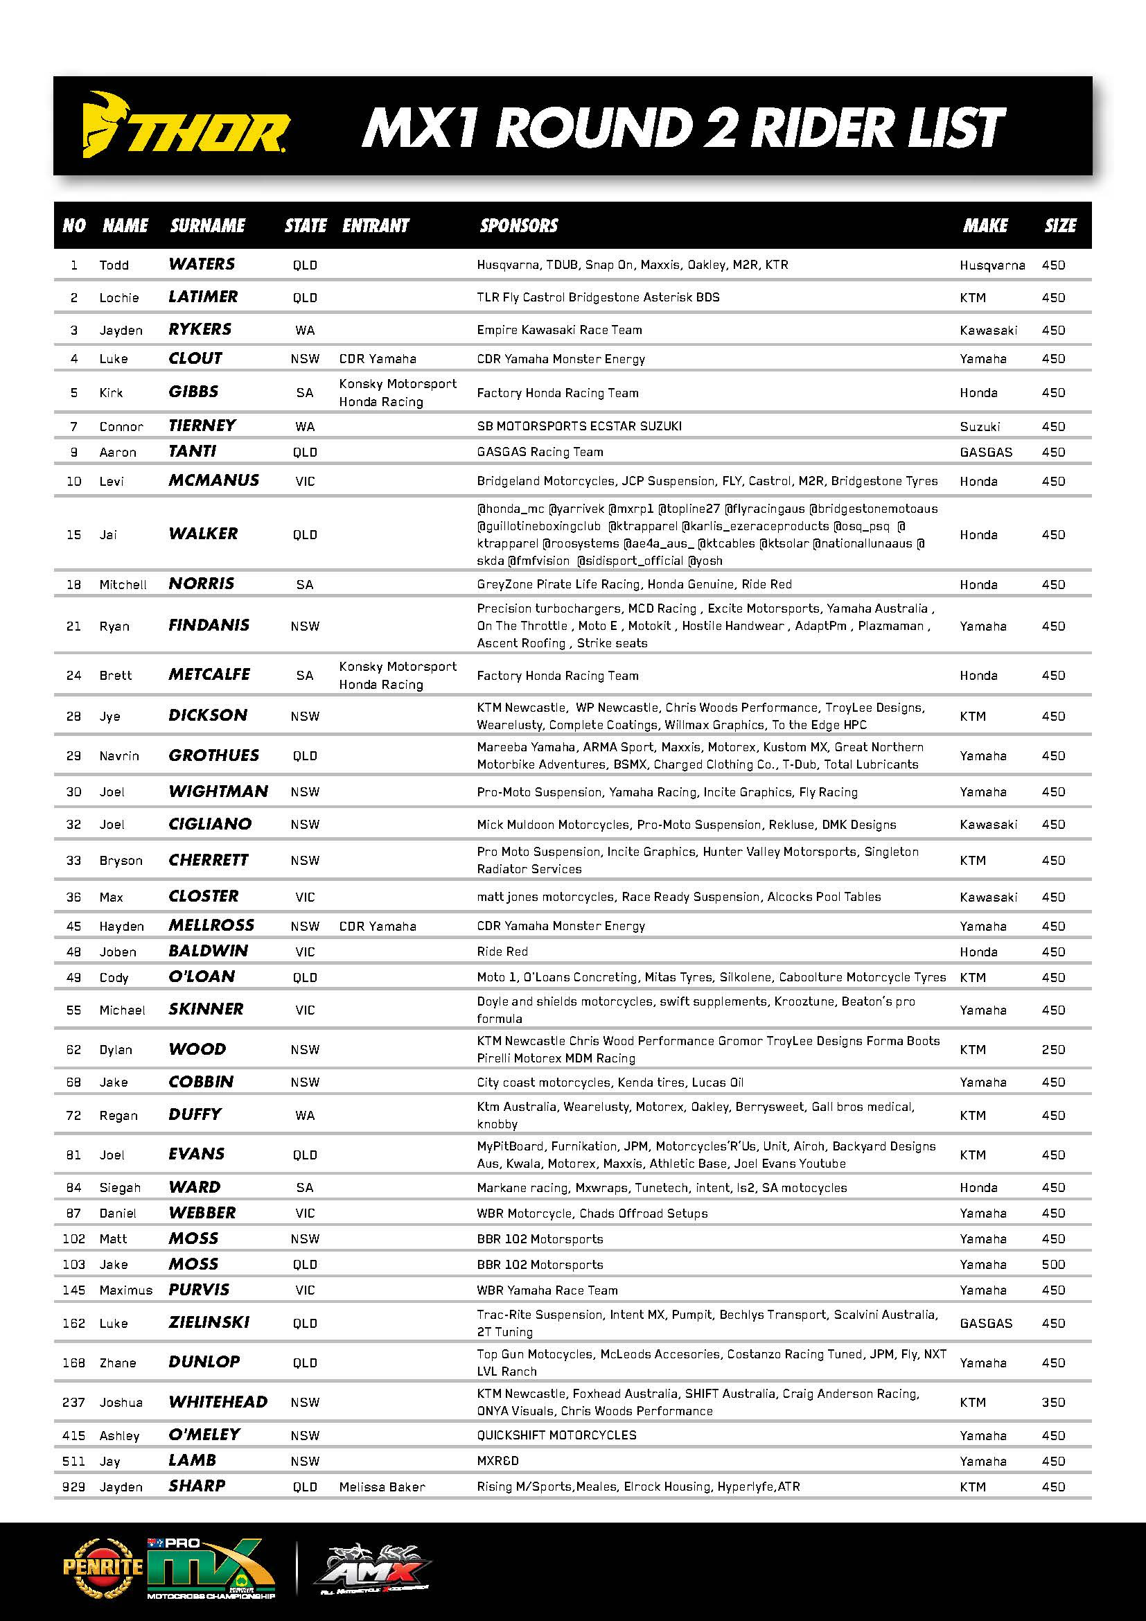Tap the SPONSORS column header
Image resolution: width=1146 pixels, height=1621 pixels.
(x=519, y=226)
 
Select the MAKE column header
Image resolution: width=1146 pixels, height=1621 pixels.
(x=985, y=226)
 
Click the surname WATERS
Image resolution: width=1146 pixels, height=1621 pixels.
(x=202, y=264)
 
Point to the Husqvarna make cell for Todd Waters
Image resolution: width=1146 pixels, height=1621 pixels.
(x=992, y=265)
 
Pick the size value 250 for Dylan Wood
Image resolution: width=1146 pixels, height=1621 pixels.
(x=1053, y=1050)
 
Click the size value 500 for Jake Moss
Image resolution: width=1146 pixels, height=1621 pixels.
(x=1053, y=1265)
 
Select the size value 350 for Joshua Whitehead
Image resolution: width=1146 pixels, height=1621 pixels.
(x=1053, y=1403)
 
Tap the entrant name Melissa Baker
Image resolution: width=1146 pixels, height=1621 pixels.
(x=382, y=1487)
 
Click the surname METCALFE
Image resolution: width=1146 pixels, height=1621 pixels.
(x=209, y=675)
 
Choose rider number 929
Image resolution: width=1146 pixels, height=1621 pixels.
(x=73, y=1487)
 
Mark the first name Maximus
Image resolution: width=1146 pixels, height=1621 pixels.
(x=125, y=1290)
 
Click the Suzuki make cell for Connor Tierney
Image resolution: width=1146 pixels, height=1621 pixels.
(x=980, y=426)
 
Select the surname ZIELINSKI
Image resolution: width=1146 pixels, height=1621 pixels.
(x=209, y=1322)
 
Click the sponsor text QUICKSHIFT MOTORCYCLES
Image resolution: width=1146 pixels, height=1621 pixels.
(x=556, y=1435)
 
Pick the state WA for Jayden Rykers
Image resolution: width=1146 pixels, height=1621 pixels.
(x=305, y=331)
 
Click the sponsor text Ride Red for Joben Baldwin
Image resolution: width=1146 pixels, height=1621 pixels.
(x=502, y=952)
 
